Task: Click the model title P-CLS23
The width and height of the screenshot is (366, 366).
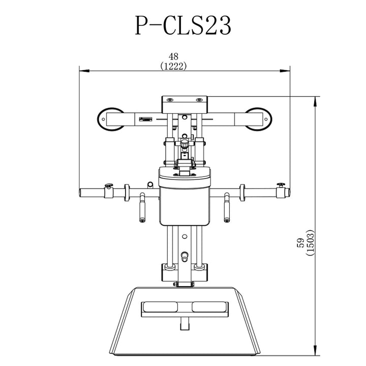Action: point(183,25)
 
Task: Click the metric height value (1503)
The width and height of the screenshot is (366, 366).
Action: point(310,242)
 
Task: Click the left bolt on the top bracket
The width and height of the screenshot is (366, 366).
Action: point(170,100)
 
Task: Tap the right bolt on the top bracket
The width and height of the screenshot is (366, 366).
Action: point(199,100)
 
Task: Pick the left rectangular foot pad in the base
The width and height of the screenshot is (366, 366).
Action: point(159,307)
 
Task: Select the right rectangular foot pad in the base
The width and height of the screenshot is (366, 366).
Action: point(209,307)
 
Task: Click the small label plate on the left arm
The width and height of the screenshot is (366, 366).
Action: point(146,120)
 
